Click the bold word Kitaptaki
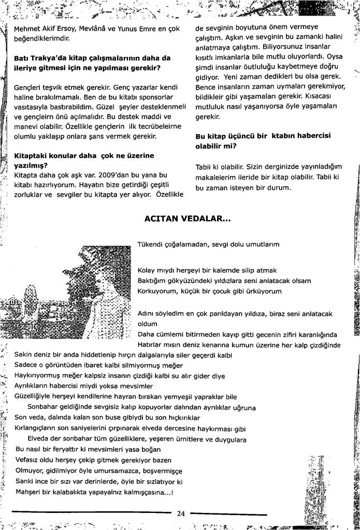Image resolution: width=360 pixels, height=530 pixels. click(32, 155)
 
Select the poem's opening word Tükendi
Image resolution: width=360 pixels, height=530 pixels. click(150, 243)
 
